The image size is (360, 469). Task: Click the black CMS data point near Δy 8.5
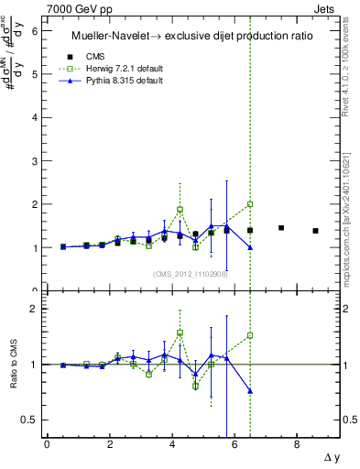point(316,231)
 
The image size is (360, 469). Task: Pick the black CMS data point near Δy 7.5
point(281,228)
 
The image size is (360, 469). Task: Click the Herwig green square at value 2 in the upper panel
point(250,204)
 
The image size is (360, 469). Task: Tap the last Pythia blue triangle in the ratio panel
point(250,391)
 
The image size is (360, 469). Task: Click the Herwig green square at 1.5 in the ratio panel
point(250,335)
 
